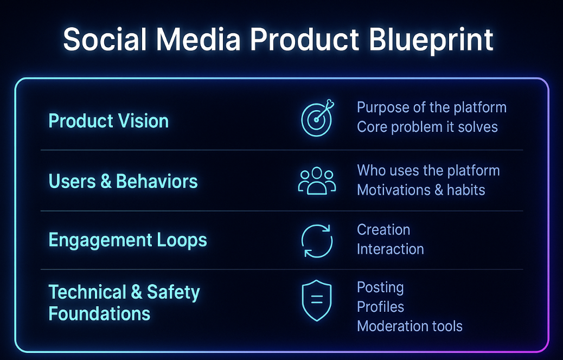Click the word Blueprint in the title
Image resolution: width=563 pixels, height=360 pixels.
[x=431, y=40]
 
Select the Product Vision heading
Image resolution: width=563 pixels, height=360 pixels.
[x=108, y=120]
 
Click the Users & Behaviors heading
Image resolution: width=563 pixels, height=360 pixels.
[x=123, y=181]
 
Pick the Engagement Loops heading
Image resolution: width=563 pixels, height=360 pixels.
[x=128, y=240]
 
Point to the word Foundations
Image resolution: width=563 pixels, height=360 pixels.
[x=99, y=314]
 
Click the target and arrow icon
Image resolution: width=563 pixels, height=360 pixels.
[x=317, y=118]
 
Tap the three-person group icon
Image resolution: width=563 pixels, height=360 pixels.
[x=317, y=181]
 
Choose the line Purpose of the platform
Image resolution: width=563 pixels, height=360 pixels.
[x=432, y=108]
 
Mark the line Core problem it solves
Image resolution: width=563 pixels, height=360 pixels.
[x=427, y=127]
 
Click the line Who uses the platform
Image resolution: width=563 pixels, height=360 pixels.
[x=428, y=171]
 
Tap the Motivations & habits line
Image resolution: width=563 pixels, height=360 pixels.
[x=421, y=190]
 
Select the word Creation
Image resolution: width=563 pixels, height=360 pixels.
[x=383, y=230]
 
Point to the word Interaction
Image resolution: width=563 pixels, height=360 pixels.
[x=391, y=249]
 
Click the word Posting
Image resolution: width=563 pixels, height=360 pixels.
[x=380, y=288]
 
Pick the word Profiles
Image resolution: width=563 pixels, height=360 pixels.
[x=381, y=307]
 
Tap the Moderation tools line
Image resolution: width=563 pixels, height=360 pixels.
[x=410, y=326]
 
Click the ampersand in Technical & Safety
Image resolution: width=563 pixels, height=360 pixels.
[x=137, y=292]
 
